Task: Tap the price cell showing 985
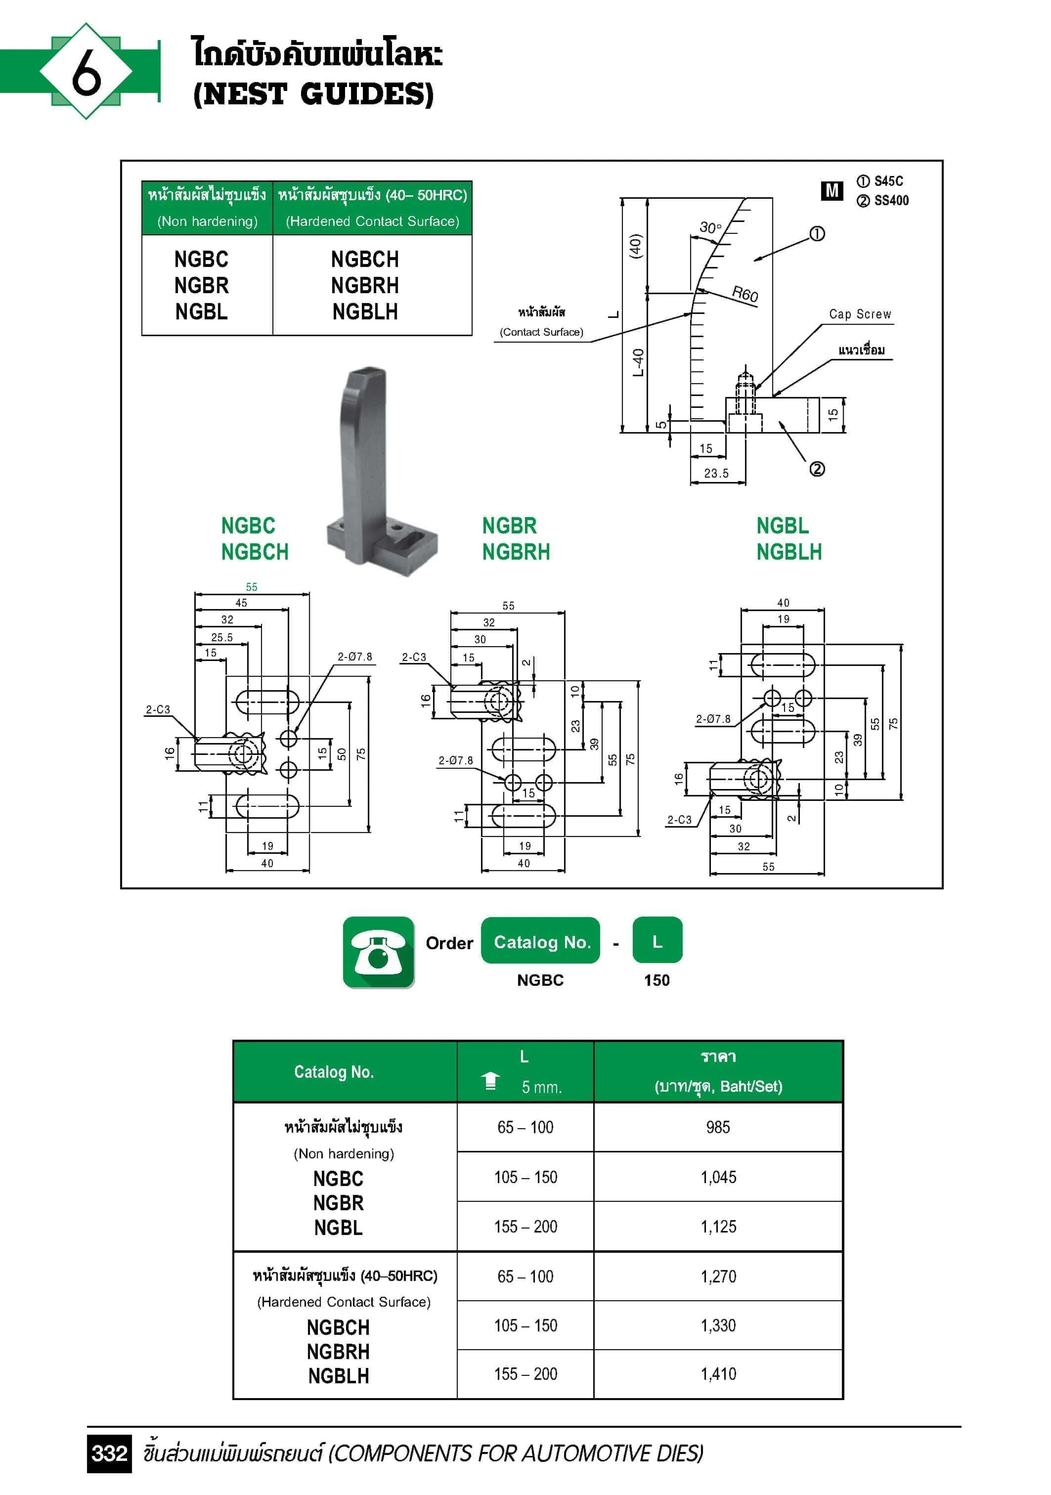(718, 1127)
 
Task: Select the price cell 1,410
(718, 1374)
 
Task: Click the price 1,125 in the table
(718, 1227)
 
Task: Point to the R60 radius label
(744, 294)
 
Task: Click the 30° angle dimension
(710, 228)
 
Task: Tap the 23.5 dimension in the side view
(716, 474)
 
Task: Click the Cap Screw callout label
(860, 314)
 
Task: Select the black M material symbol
(832, 191)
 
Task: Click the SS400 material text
(890, 201)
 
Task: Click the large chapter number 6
(86, 72)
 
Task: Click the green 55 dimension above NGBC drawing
(251, 587)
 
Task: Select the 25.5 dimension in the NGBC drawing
(221, 637)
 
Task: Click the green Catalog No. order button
(540, 941)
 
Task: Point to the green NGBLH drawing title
(788, 552)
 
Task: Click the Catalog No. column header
(333, 1072)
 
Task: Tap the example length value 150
(657, 980)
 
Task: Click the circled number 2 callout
(817, 469)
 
